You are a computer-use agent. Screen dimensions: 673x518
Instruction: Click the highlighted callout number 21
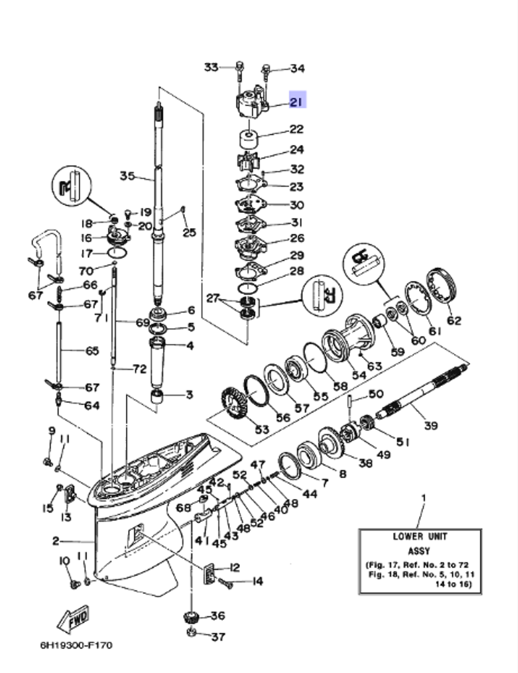click(x=296, y=101)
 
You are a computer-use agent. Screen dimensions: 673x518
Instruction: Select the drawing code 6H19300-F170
click(x=76, y=646)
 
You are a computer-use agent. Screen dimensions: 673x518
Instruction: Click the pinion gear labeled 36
click(x=192, y=618)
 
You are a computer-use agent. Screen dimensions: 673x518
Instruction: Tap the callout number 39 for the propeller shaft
click(x=430, y=425)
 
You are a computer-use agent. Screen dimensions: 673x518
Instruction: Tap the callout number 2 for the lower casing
click(x=55, y=541)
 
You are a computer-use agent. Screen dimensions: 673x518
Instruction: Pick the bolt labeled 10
click(x=74, y=584)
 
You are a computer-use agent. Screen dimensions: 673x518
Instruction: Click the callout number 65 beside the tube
click(x=92, y=351)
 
